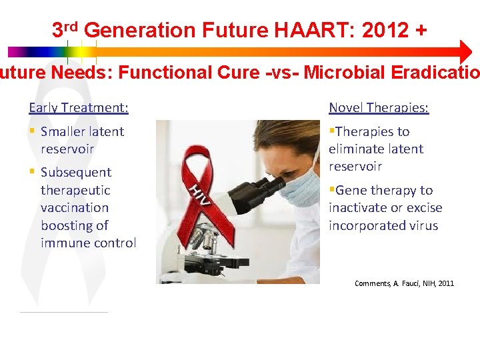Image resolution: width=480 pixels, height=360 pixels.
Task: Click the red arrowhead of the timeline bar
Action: point(465,51)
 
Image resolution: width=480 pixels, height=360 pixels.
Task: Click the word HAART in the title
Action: point(310,30)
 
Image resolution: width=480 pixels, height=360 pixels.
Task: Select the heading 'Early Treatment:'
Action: point(79,107)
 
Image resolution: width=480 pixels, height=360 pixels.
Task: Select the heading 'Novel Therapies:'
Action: point(379,107)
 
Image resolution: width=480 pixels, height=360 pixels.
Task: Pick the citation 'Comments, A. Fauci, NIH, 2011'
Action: point(404,283)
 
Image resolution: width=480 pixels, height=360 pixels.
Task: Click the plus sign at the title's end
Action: point(420,30)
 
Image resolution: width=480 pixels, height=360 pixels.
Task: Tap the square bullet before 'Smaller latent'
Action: point(32,131)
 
